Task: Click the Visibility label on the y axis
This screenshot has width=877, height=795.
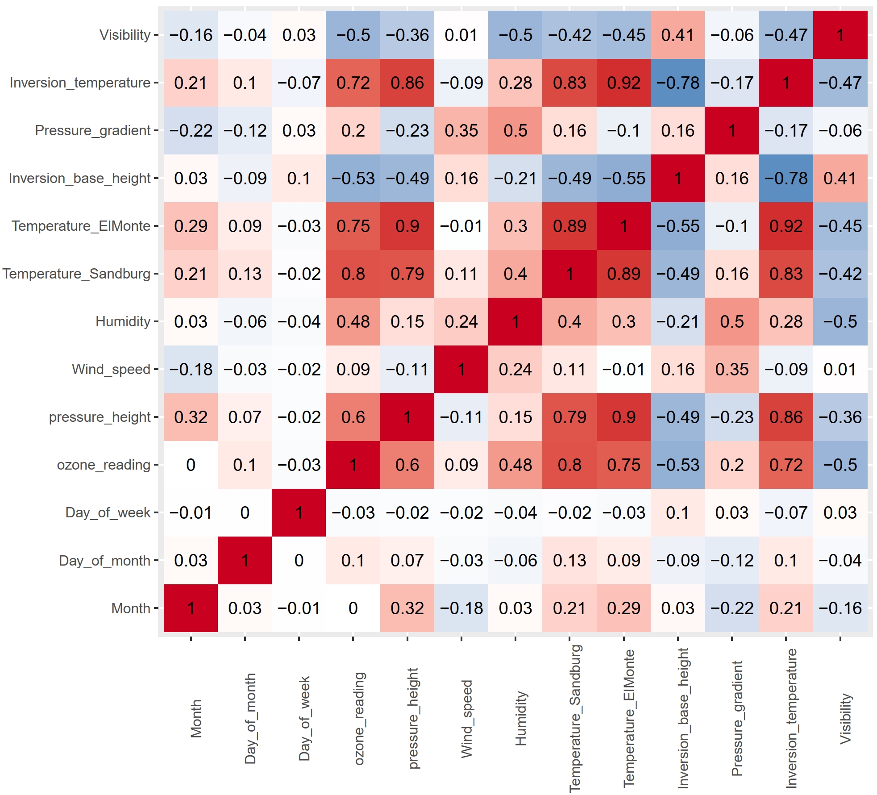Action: click(x=125, y=35)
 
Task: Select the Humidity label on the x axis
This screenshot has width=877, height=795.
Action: click(x=520, y=719)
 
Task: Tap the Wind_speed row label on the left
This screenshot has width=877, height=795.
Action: click(x=111, y=369)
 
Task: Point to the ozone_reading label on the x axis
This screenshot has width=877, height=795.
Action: click(x=359, y=719)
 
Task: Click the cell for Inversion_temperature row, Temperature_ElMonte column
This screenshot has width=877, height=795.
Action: click(x=623, y=83)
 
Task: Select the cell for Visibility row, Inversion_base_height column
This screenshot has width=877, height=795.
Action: click(x=677, y=35)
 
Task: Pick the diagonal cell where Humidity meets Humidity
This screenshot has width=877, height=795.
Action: click(x=515, y=321)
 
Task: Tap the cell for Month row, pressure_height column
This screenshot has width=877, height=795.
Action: click(x=407, y=608)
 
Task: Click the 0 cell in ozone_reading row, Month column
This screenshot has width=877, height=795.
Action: click(x=191, y=465)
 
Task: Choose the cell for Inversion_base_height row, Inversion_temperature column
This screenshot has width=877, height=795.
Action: click(x=786, y=178)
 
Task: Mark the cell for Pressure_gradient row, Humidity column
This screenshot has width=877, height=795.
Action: click(x=515, y=130)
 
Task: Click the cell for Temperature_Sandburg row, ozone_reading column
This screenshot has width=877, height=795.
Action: click(x=353, y=274)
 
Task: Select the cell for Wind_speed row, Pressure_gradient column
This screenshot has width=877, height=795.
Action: click(x=732, y=369)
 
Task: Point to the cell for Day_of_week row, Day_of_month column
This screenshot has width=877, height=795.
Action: click(x=245, y=512)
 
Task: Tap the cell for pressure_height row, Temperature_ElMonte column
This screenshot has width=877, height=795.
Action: click(x=623, y=417)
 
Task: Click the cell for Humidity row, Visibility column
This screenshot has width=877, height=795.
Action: click(x=840, y=321)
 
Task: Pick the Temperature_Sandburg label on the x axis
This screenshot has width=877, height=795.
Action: click(x=575, y=719)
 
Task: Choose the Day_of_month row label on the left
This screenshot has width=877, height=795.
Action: click(x=104, y=560)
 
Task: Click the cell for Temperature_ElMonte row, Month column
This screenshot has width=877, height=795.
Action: click(x=191, y=226)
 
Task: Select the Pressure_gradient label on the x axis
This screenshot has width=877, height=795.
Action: click(x=737, y=719)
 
